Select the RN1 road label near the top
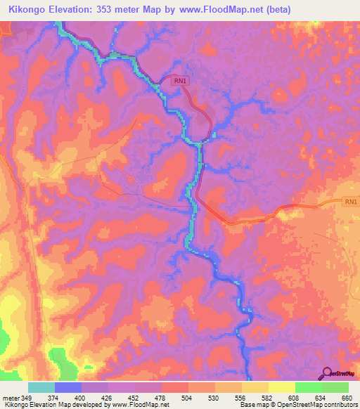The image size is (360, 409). (181, 82)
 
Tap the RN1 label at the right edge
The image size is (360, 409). (350, 202)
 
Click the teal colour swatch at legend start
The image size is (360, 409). (41, 387)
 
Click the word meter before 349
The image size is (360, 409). (10, 397)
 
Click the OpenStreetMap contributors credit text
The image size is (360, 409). (314, 405)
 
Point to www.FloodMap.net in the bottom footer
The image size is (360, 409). (135, 405)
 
